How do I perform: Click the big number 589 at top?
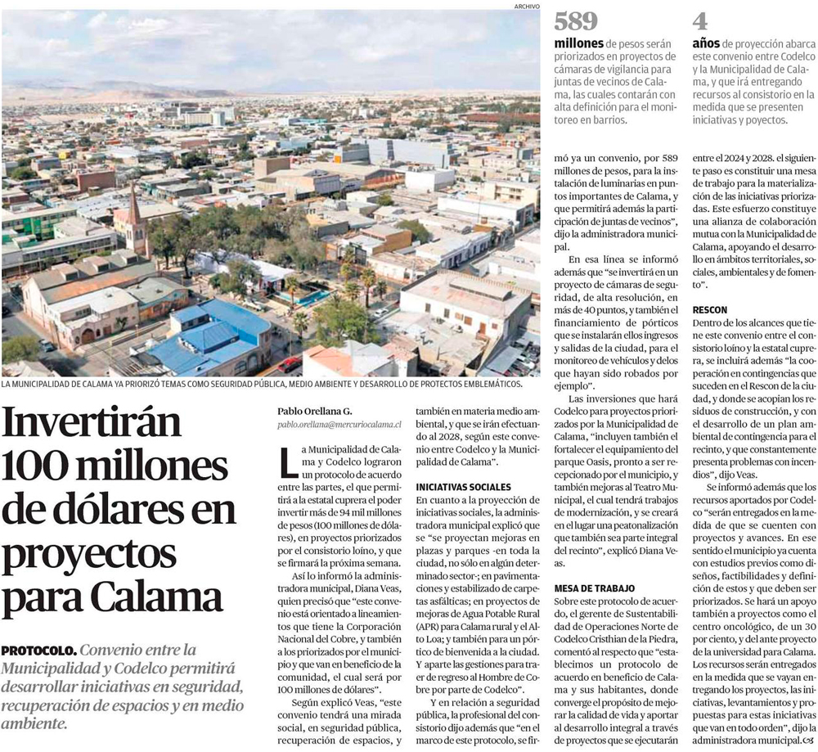577,21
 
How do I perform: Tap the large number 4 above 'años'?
700,21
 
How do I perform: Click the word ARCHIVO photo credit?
527,6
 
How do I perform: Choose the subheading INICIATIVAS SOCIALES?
463,487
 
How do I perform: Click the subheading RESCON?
709,311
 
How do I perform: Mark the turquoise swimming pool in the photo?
311,298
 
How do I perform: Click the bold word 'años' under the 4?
706,42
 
